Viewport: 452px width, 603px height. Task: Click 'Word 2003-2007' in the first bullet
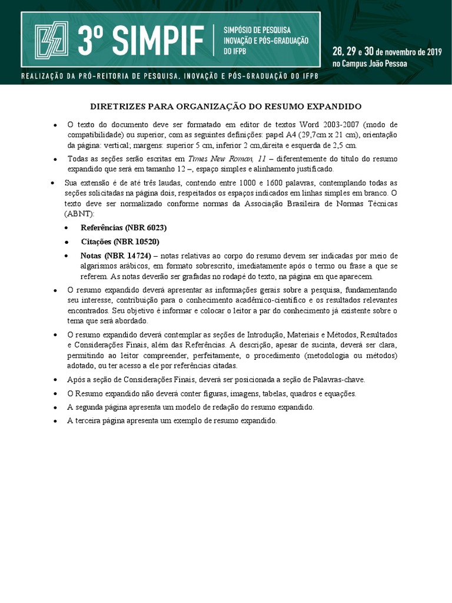(x=329, y=125)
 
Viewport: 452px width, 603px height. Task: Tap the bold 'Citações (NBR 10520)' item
(x=120, y=242)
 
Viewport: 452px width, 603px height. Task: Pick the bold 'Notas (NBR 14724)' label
(x=115, y=256)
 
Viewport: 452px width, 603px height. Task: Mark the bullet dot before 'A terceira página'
(x=55, y=422)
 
